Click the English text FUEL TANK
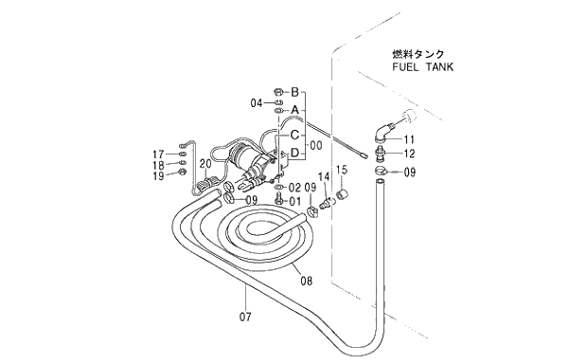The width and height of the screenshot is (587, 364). pos(421,67)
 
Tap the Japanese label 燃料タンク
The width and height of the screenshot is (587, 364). pos(418,54)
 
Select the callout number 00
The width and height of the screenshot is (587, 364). pos(315,144)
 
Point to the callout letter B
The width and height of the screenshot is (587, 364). pos(294,92)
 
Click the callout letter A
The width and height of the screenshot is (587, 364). pos(294,110)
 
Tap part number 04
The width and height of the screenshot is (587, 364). pos(257,102)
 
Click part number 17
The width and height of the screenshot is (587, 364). pos(159,154)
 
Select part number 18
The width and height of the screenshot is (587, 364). pos(159,164)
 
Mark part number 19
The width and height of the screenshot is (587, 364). pos(159,175)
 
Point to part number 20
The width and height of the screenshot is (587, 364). pos(205,163)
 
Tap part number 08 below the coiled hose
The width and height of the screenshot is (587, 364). pos(305,281)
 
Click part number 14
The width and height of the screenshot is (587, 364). pos(323,176)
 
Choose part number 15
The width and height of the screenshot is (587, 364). pos(343,170)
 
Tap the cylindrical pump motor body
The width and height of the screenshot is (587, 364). pos(249,158)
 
